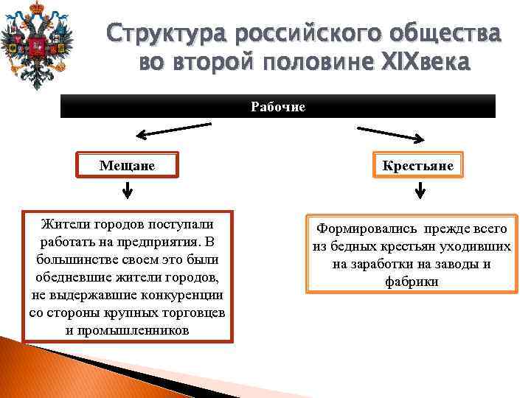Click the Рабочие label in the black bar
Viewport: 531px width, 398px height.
(277, 106)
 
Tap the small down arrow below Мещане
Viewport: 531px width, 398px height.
(128, 191)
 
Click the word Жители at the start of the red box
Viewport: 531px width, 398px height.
(63, 223)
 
